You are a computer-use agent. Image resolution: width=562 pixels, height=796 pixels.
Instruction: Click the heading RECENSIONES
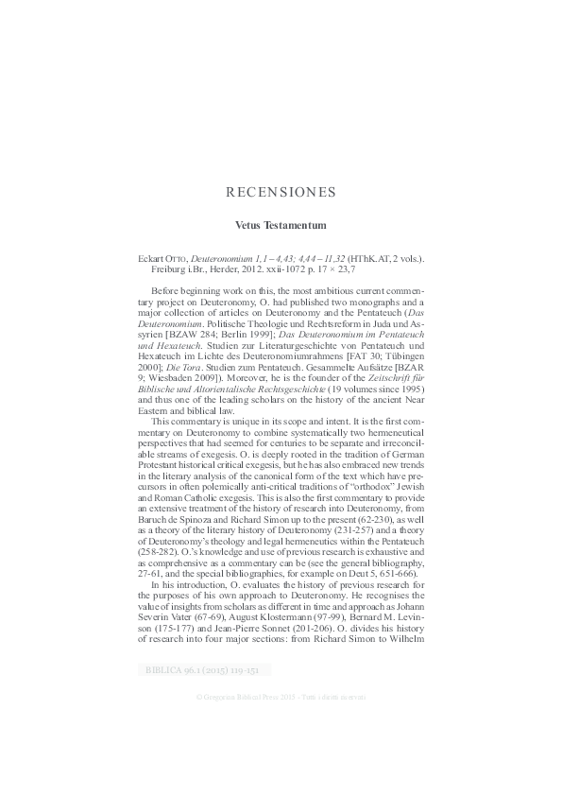[x=281, y=192]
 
